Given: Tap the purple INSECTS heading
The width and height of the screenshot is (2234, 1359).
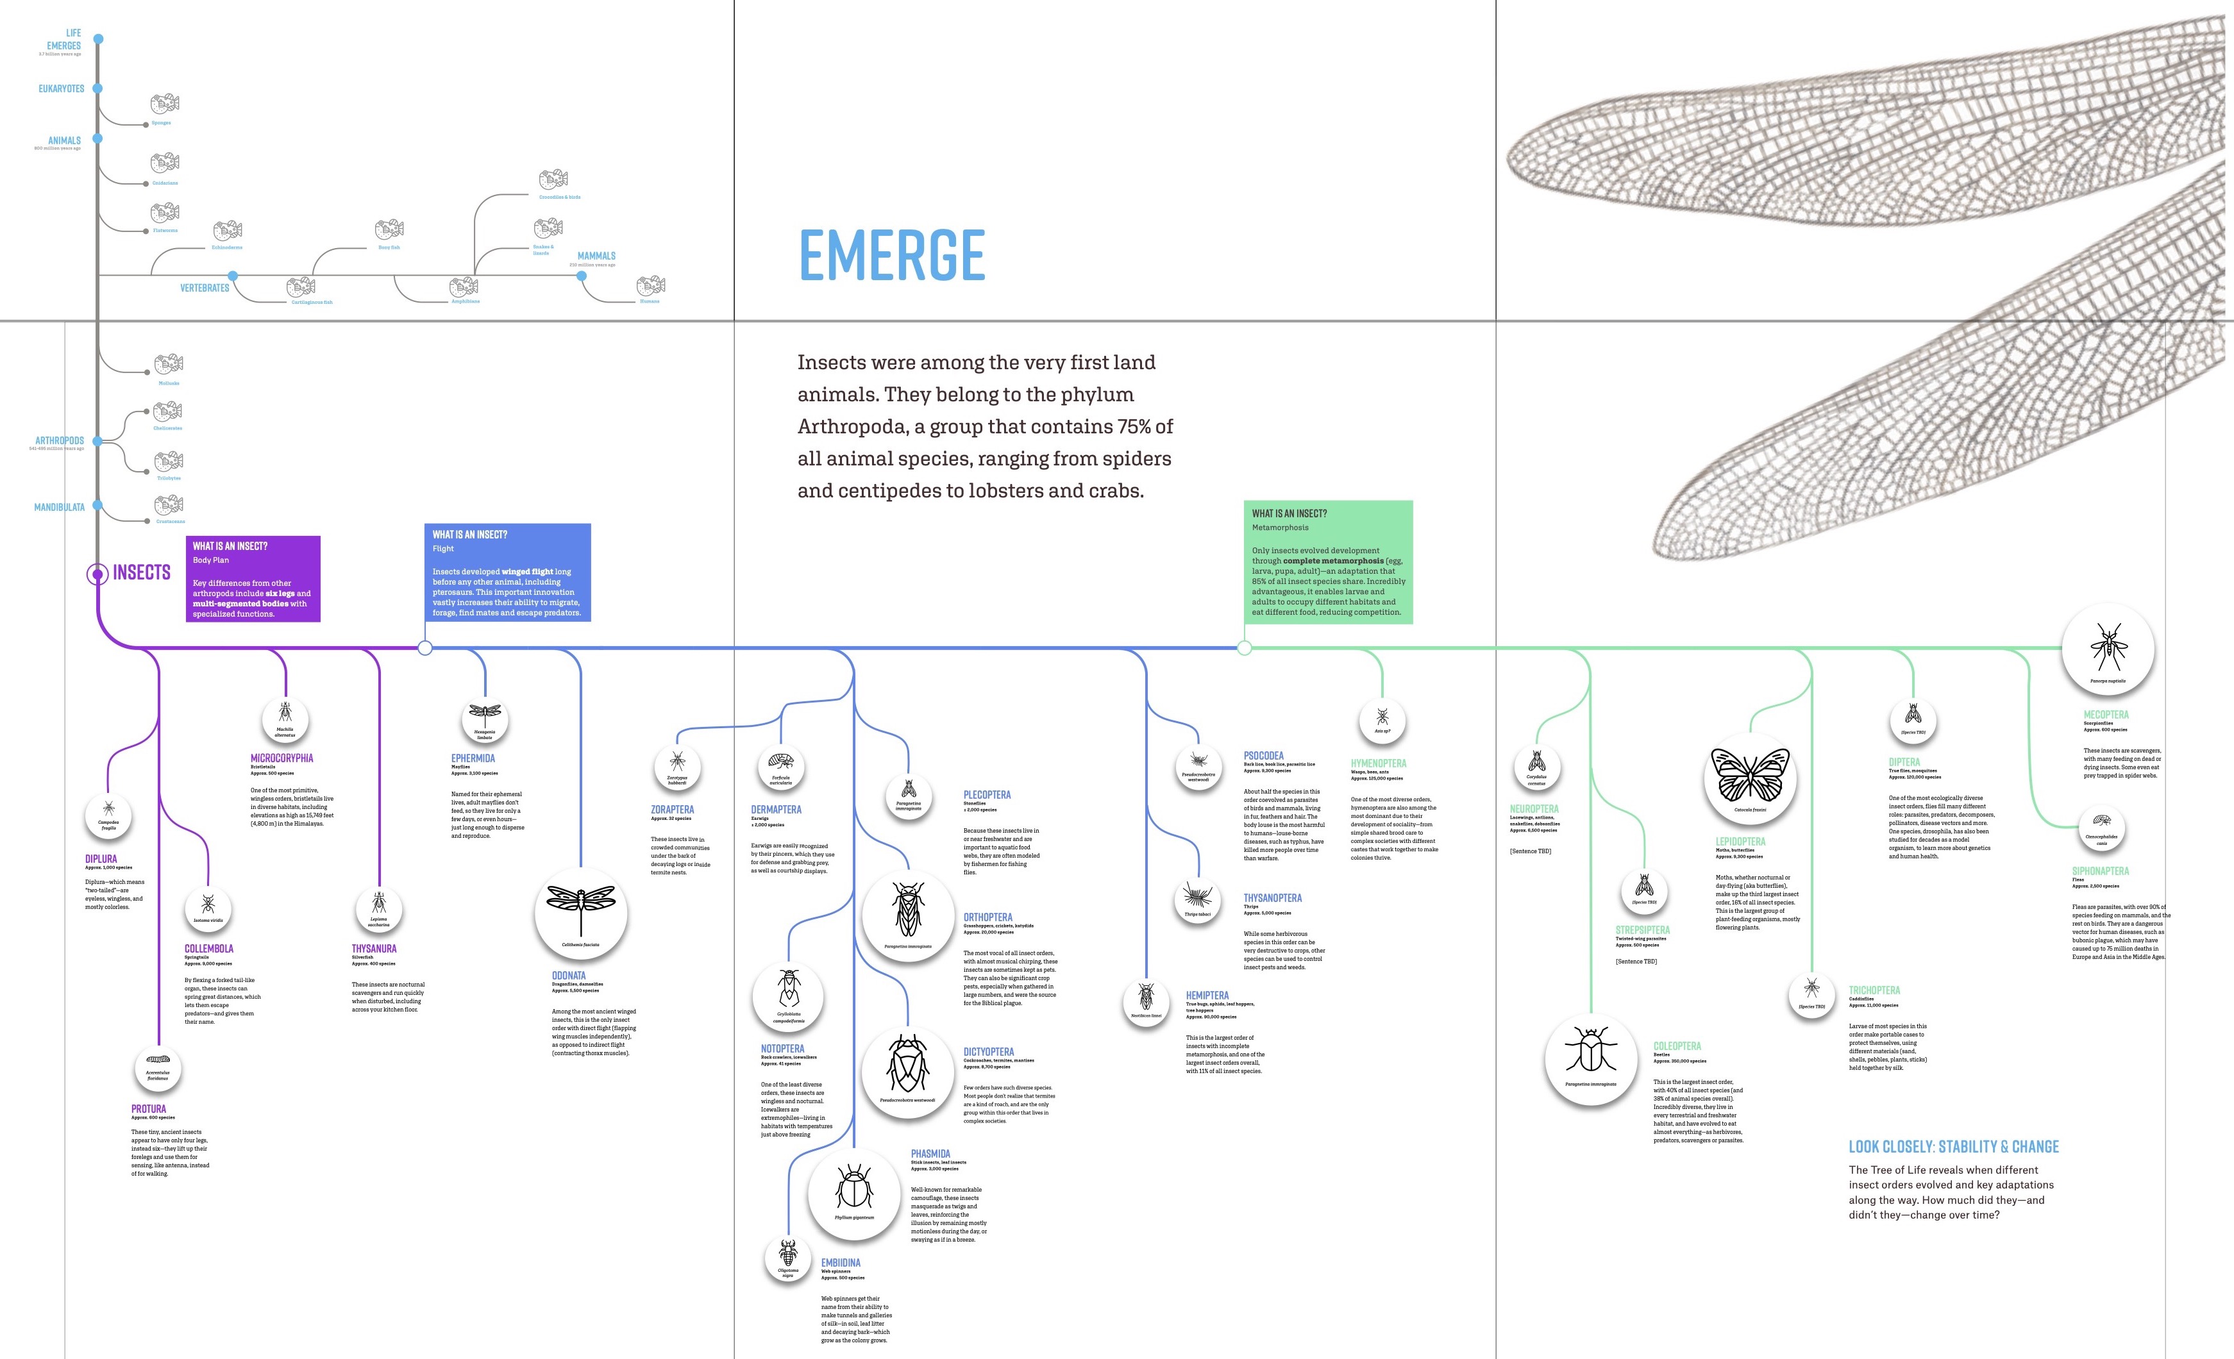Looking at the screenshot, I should click(x=142, y=573).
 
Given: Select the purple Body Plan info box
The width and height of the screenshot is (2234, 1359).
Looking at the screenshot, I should click(x=253, y=578).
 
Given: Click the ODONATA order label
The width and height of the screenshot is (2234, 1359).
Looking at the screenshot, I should click(x=569, y=976).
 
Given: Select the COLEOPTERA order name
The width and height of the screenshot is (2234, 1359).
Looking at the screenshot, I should click(x=1676, y=1046).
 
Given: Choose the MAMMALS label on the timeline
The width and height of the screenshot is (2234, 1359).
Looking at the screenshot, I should click(x=596, y=256).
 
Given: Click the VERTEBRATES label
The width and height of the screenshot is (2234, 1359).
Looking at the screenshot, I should click(x=205, y=288).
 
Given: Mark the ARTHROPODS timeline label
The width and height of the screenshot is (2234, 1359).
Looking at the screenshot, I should click(x=60, y=440).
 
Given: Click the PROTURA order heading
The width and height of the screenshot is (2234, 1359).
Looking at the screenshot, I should click(x=149, y=1109).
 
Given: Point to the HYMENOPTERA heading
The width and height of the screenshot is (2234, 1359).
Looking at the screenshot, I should click(x=1378, y=763).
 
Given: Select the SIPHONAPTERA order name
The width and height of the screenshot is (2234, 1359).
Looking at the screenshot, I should click(x=2100, y=871).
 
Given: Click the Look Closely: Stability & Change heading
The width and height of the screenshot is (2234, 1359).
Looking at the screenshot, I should click(x=1953, y=1147).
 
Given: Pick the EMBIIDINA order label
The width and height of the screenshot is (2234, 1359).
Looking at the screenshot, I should click(x=841, y=1263).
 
